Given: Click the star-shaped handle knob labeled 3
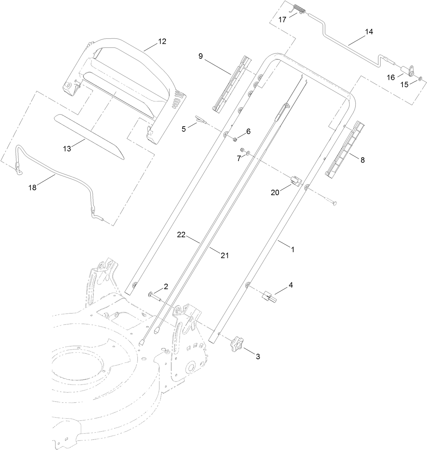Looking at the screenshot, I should (237, 345).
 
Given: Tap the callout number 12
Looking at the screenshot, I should (162, 42).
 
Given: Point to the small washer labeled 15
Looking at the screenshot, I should (421, 79).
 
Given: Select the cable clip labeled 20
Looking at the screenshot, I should (296, 181).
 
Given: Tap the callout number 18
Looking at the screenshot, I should (33, 187).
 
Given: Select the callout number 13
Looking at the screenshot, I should (67, 149).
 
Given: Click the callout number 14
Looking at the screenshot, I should (369, 32).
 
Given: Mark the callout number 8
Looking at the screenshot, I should (363, 160).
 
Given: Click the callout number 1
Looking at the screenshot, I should (292, 249).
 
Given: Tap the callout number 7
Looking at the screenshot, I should (239, 158).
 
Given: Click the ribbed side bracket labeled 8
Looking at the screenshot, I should (343, 149).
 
